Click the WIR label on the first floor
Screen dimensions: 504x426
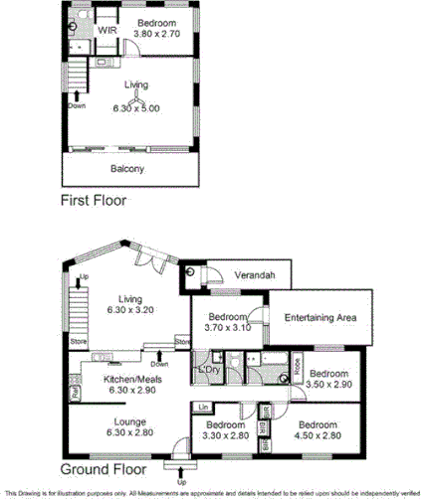[107, 31]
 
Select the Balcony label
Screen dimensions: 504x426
[126, 169]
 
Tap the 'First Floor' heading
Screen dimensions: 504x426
[93, 200]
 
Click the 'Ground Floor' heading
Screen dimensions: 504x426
[104, 468]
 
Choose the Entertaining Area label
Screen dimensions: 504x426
[320, 317]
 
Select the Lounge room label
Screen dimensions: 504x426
[129, 420]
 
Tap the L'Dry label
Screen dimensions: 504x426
[209, 370]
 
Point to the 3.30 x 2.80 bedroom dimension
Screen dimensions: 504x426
[225, 434]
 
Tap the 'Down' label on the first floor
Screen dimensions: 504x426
[77, 104]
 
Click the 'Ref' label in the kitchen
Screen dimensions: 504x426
[75, 393]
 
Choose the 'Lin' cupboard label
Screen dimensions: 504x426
[202, 408]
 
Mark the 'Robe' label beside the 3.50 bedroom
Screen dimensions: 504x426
[297, 366]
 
